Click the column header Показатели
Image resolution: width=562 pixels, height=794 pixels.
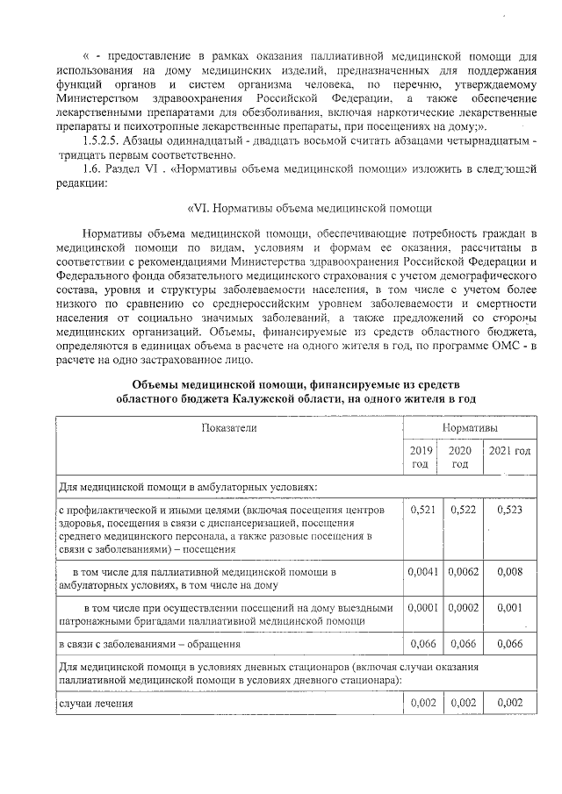tap(228, 426)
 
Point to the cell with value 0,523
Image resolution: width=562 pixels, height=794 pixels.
tap(509, 510)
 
